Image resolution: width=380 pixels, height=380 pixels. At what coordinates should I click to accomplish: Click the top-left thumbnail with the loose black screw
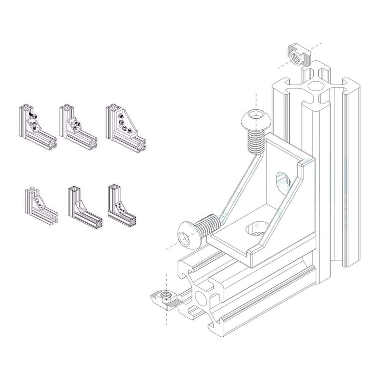coord(38,124)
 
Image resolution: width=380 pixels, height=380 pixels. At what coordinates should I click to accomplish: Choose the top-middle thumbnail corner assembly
coord(77,124)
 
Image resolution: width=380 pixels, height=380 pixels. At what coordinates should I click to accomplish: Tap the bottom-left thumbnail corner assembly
coord(40,204)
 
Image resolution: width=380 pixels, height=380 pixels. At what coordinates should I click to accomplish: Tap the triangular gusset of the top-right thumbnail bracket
coord(124,122)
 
